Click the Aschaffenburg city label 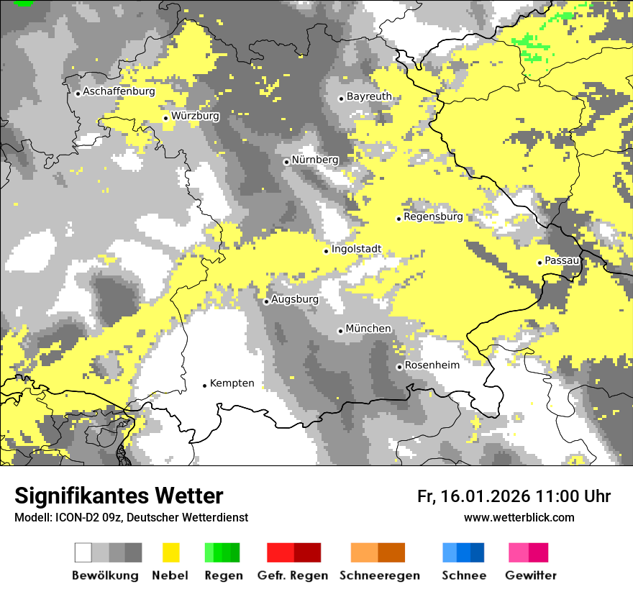coord(119,91)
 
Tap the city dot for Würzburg coord(165,118)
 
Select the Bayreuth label coord(369,96)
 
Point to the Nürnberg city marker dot coord(286,162)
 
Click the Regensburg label coord(433,217)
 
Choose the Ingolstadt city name coord(356,250)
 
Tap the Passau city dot coord(539,263)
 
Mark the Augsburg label coord(294,299)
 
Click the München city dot coord(340,331)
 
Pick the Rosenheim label coord(432,365)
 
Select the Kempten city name coord(232,383)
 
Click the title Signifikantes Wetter coord(119,496)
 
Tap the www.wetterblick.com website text coord(519,517)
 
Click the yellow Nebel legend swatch coord(170,552)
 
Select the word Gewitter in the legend coord(530,575)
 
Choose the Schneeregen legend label coord(380,575)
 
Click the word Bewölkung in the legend coord(105,575)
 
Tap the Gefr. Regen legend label coord(292,575)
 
